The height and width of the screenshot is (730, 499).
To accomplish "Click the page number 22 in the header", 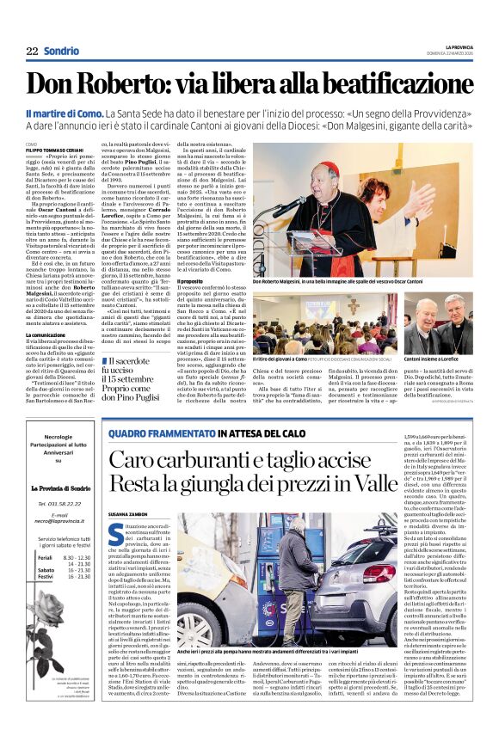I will coord(32,52).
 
